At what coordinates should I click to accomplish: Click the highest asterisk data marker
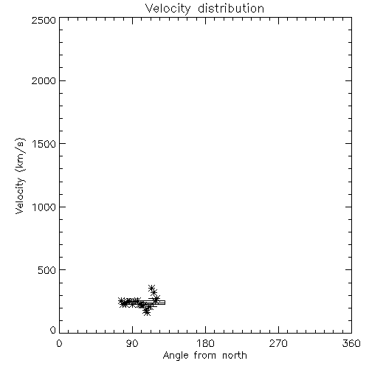coord(151,288)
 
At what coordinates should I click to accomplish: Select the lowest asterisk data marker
coord(147,312)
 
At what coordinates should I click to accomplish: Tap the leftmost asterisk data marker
coord(121,300)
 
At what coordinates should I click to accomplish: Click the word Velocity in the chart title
coord(168,9)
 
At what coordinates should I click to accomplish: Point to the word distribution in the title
coord(231,8)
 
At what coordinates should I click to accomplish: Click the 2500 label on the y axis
coord(44,20)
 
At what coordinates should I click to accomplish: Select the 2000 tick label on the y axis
coord(44,80)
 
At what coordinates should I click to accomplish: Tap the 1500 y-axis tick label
coord(44,144)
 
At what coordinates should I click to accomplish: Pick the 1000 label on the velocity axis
coord(44,207)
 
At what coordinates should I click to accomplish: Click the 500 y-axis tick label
coord(47,270)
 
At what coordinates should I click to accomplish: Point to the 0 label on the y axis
coord(53,330)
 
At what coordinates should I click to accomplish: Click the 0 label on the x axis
coord(59,343)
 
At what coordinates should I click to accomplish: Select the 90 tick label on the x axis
coord(132,343)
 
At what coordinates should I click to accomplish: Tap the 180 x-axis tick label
coord(205,343)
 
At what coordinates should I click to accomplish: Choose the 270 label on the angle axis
coord(278,343)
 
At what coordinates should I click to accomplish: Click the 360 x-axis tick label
coord(351,343)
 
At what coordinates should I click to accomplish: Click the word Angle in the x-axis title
coord(176,356)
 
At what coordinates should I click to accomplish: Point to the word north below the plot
coord(235,355)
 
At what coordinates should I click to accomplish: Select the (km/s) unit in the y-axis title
coord(20,154)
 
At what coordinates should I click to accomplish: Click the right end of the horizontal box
coord(165,303)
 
